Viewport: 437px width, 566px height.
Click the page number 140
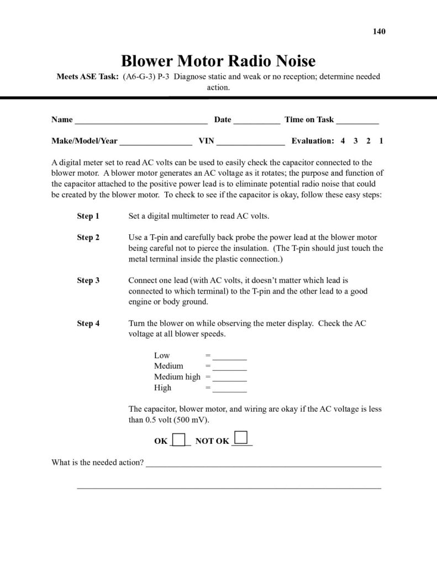379,31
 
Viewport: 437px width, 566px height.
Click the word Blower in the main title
148,61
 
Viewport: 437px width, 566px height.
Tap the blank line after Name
141,121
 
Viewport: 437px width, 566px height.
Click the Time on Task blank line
357,121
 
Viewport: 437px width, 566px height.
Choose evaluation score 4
343,141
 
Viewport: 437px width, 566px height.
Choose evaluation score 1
381,141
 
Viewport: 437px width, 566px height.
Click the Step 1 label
88,216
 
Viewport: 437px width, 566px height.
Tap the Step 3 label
88,280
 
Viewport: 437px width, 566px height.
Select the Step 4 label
88,323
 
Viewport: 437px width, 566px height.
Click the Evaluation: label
313,141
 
